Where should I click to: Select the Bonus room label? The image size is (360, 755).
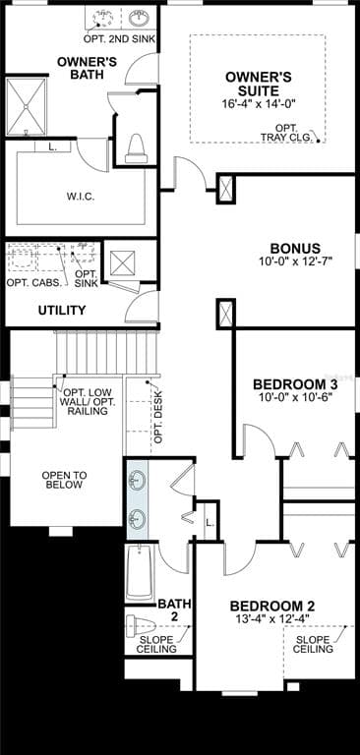pos(295,249)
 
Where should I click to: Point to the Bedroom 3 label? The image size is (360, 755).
pos(295,384)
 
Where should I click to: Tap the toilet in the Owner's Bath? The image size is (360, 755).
pos(136,147)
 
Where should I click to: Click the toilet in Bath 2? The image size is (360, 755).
pos(141,626)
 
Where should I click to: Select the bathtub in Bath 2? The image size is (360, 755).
pos(140,572)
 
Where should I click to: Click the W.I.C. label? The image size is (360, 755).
pos(80,196)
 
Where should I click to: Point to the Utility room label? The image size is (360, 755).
pos(62,311)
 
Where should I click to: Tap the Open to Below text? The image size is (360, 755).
pos(64,480)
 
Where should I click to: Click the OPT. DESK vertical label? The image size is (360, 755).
pos(158,417)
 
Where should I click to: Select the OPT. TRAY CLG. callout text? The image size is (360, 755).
pos(287,133)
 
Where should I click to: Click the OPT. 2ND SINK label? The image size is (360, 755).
pos(119,38)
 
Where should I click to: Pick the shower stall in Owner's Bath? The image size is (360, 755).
pos(26,106)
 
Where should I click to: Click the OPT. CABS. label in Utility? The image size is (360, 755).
pos(34,282)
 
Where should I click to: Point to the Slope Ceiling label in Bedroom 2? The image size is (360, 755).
pos(314,644)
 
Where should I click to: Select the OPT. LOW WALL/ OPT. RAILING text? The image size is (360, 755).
pos(88,400)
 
